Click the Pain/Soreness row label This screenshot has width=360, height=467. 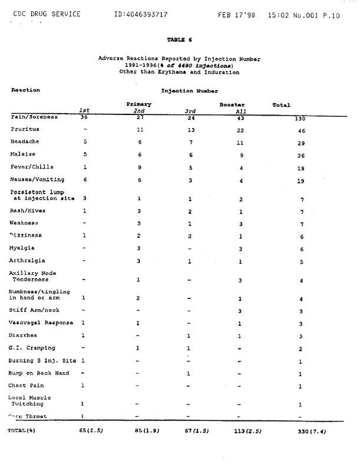coord(34,117)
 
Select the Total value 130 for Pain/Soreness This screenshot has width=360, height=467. coord(301,119)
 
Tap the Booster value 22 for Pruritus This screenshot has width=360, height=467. coord(240,130)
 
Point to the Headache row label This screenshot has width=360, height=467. coord(25,142)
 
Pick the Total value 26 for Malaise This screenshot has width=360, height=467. coord(301,156)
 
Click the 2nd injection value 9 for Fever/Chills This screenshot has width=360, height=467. coord(140,167)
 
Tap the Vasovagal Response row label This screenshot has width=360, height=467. coord(41,323)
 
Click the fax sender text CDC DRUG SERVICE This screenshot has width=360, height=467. coord(46,14)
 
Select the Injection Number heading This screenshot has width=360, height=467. coord(189,91)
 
